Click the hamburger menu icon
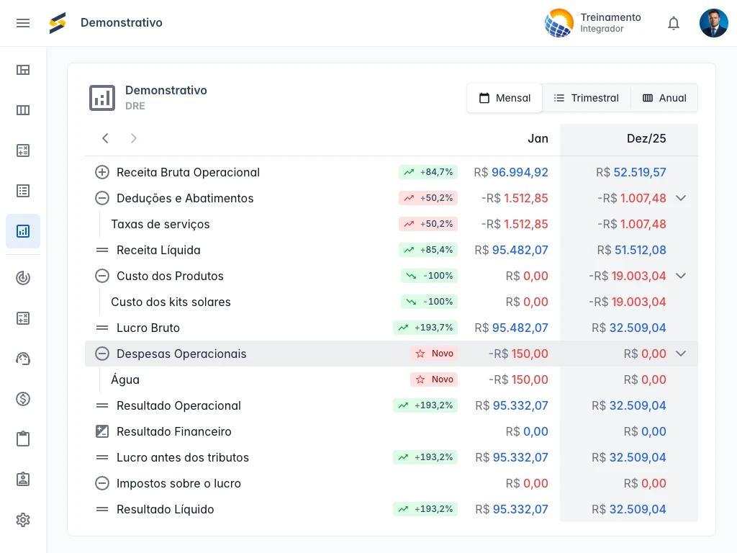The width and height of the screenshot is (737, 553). click(23, 23)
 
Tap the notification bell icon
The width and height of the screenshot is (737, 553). click(674, 23)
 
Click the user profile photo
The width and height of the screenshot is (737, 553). click(713, 23)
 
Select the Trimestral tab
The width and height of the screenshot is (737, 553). click(586, 98)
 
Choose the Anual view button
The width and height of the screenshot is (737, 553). click(664, 98)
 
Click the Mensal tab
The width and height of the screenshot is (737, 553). click(505, 98)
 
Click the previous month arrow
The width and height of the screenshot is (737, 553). click(105, 138)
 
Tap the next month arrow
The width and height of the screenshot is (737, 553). click(133, 138)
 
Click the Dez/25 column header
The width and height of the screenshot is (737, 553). click(646, 138)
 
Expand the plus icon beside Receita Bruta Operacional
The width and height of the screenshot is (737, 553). click(102, 172)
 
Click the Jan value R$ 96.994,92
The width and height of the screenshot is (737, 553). click(511, 172)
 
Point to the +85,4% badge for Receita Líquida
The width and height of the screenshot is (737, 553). click(428, 250)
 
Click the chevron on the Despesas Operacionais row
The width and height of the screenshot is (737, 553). click(681, 354)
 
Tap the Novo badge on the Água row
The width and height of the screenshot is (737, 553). click(434, 379)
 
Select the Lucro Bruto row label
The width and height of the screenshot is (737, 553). click(148, 328)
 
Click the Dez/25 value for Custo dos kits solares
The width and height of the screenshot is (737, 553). click(628, 302)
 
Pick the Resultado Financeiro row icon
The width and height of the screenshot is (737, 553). click(102, 431)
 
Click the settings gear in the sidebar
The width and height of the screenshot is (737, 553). click(23, 520)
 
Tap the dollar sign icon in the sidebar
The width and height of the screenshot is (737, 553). click(23, 399)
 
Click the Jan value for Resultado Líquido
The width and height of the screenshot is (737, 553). click(512, 509)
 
